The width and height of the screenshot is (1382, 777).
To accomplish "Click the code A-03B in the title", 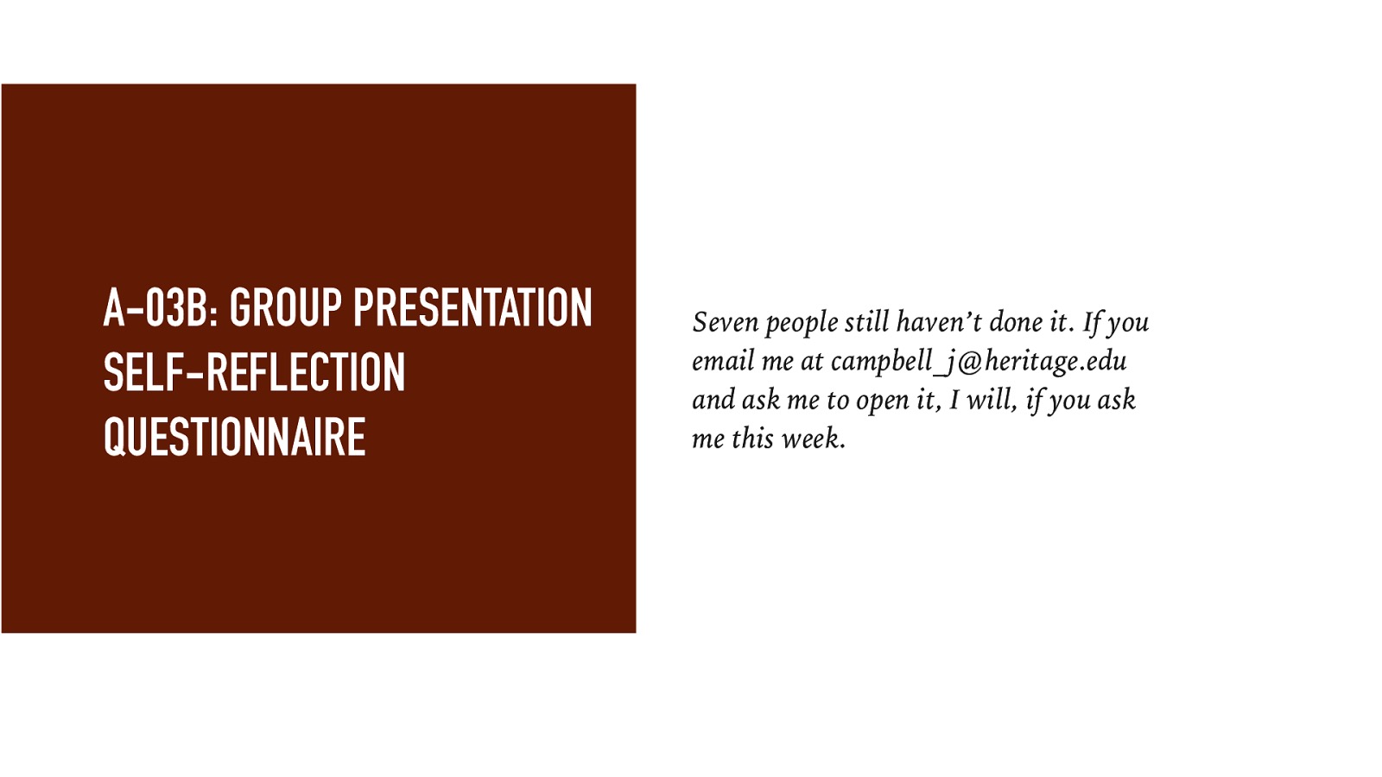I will (160, 308).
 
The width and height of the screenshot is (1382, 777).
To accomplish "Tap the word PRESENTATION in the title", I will (472, 308).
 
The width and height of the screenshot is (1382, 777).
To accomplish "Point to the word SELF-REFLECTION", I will (254, 373).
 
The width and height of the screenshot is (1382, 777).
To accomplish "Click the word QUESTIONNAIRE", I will (234, 437).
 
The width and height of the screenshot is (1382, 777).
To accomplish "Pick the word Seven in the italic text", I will (725, 322).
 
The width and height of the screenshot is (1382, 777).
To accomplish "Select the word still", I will (866, 322).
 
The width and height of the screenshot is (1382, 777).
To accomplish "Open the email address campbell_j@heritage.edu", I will (979, 362).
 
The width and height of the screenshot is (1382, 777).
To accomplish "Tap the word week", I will (813, 439).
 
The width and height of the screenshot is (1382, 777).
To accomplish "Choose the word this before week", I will (752, 439).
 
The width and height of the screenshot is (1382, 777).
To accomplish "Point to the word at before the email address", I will (811, 361).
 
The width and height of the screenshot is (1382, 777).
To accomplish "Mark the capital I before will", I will (954, 400).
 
